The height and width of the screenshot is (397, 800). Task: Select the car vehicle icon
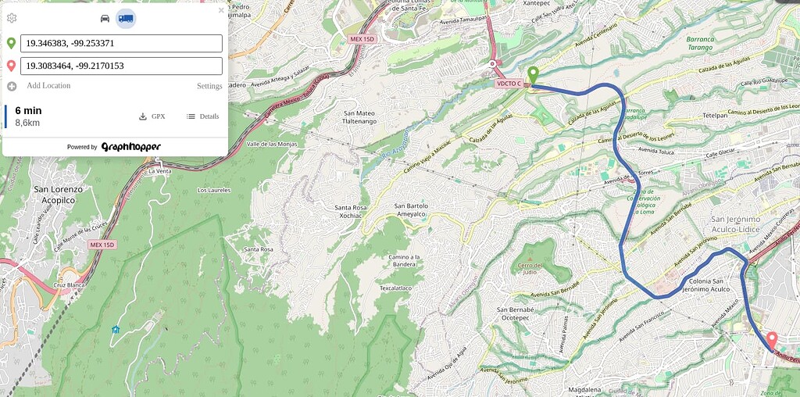click(x=105, y=18)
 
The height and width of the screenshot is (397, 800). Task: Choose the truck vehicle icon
click(x=126, y=18)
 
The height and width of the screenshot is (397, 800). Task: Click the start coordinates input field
click(x=121, y=43)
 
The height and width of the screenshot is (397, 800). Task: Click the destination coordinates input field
click(x=121, y=66)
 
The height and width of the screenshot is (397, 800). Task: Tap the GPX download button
click(x=152, y=116)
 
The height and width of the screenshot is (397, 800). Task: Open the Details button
click(x=202, y=116)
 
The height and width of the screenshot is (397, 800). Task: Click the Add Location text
click(x=48, y=85)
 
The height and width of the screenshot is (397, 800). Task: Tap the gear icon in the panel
click(x=12, y=17)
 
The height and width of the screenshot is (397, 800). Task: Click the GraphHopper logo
click(x=130, y=146)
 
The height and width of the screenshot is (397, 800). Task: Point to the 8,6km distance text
click(x=27, y=123)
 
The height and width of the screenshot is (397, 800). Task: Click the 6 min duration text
click(x=28, y=110)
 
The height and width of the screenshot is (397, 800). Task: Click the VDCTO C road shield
click(x=509, y=84)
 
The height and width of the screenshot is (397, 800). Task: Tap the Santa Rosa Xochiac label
click(x=351, y=213)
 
